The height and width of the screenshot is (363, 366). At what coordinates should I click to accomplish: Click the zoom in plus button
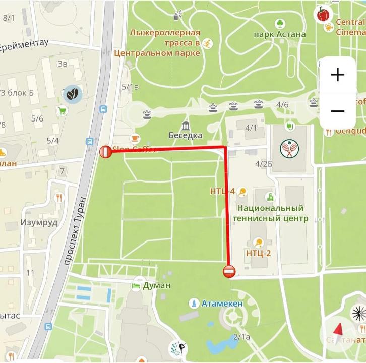[x=337, y=75]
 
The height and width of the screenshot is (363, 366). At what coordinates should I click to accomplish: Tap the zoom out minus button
[x=337, y=111]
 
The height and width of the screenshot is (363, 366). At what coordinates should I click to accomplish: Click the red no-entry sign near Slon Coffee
[x=105, y=151]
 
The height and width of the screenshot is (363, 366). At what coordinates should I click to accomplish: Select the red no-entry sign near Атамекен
[x=228, y=271]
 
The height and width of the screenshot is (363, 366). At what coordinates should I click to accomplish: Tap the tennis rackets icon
[x=289, y=148]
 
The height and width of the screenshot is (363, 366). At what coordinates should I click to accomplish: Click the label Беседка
[x=186, y=135]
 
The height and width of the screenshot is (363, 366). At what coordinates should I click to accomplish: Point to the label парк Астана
[x=280, y=34]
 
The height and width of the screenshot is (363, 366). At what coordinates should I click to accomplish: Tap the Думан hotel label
[x=156, y=285]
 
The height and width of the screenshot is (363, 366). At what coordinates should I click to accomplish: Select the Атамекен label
[x=222, y=304]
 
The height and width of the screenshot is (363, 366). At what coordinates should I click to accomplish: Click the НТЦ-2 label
[x=259, y=253]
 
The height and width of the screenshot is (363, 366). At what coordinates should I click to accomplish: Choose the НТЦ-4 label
[x=222, y=191]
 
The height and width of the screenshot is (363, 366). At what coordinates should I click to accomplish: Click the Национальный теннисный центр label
[x=271, y=213]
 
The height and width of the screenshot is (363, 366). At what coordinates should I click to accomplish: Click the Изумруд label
[x=39, y=222]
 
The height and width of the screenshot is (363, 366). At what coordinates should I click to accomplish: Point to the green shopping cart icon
[x=63, y=111]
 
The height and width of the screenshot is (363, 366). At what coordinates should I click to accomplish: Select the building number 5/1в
[x=130, y=87]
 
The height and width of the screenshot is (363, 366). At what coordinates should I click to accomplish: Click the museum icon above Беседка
[x=186, y=125]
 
